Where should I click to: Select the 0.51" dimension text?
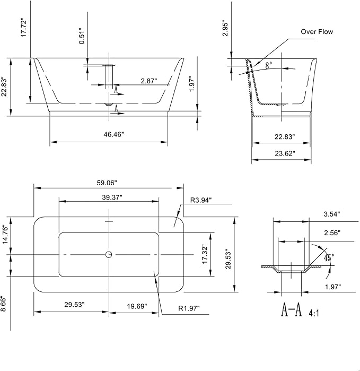pyautogui.click(x=82, y=36)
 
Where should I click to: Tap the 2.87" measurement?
pyautogui.click(x=149, y=81)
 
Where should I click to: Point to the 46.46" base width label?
pyautogui.click(x=113, y=134)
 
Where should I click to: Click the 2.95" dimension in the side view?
pyautogui.click(x=225, y=29)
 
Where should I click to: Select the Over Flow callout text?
pyautogui.click(x=317, y=32)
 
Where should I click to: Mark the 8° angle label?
pyautogui.click(x=268, y=65)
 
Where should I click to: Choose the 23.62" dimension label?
pyautogui.click(x=285, y=153)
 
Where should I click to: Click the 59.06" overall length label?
pyautogui.click(x=107, y=183)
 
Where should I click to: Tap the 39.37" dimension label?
pyautogui.click(x=112, y=197)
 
